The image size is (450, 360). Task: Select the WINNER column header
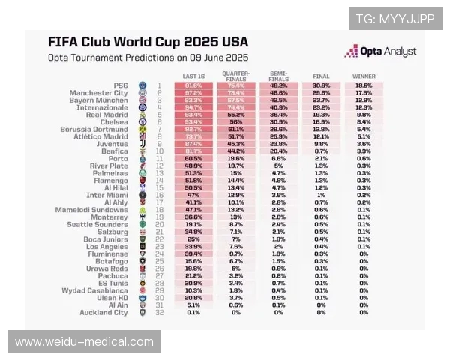[364, 76]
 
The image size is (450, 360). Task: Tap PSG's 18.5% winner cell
[364, 85]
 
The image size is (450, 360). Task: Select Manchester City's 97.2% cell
[193, 92]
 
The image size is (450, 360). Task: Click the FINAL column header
[321, 76]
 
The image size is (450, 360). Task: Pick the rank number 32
[159, 312]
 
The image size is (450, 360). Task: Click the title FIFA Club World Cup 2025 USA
[148, 43]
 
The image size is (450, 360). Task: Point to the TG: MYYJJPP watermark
[394, 19]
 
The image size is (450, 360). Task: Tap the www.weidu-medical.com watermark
[84, 342]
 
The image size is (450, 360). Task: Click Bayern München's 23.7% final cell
[321, 100]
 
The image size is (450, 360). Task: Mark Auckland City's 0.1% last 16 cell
[193, 312]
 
